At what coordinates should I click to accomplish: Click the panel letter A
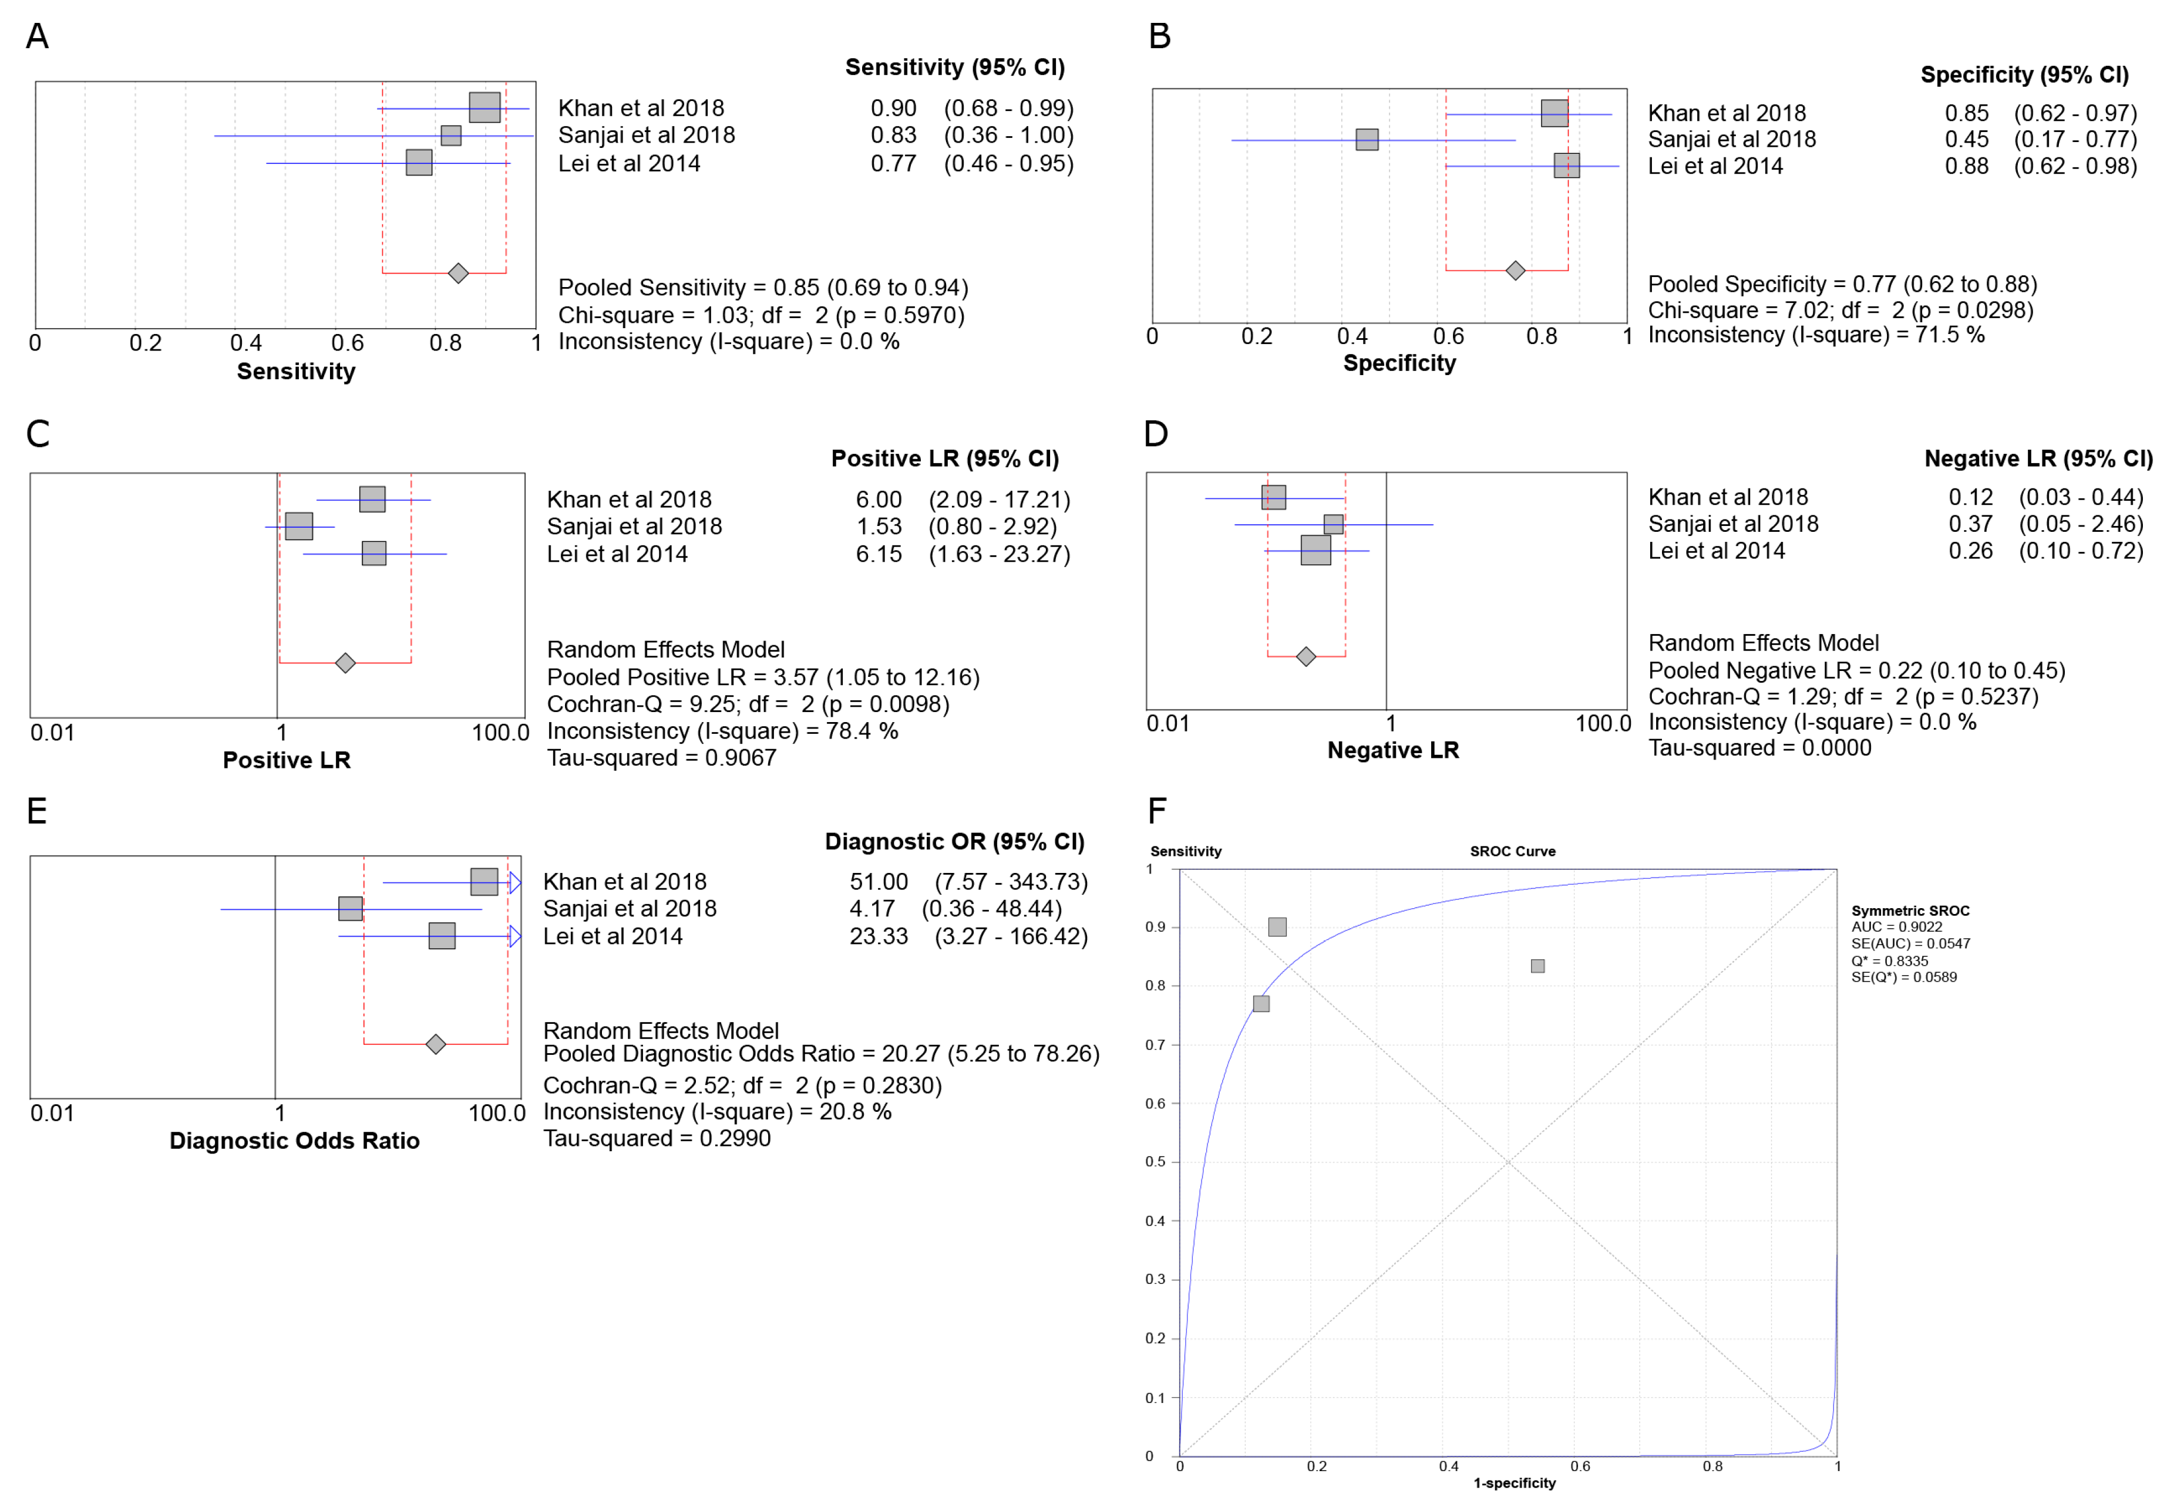pos(37,36)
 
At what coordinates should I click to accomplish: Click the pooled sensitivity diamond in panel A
pos(458,274)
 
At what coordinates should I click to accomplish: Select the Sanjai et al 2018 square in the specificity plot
pos(1367,140)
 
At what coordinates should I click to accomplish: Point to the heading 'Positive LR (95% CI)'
pos(944,459)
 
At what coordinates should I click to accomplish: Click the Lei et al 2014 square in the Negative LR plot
pos(1316,550)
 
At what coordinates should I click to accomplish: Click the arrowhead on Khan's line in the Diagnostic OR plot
pos(514,883)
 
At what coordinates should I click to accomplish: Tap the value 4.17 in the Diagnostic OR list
pos(872,909)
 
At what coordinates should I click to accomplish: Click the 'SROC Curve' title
pos(1512,851)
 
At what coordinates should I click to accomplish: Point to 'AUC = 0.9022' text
pos(1896,928)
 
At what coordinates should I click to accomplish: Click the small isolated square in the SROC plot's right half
pos(1537,966)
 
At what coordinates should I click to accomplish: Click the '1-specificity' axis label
pos(1514,1483)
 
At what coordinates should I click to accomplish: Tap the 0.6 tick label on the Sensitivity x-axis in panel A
pos(347,343)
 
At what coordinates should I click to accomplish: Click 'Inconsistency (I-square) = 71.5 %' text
pos(1815,335)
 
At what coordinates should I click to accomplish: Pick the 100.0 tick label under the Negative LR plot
pos(1603,724)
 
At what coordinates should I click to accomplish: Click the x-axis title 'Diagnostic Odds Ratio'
pos(294,1141)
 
